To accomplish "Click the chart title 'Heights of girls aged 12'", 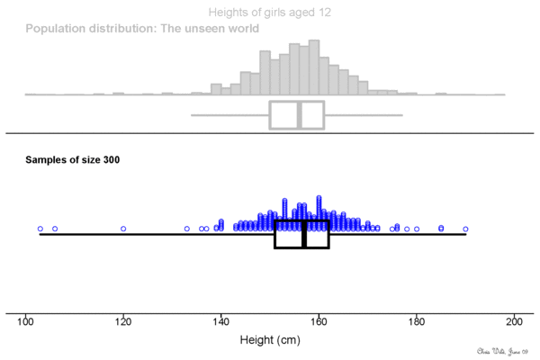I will [269, 13].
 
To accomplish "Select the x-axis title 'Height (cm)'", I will [269, 341].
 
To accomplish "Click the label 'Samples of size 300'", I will [73, 160].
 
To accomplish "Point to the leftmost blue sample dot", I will [40, 229].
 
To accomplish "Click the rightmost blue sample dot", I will [465, 229].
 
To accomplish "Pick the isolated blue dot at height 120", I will [123, 229].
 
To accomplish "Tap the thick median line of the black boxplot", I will [304, 234].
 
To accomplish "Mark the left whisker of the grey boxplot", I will [230, 115].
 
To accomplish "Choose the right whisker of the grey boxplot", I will [363, 115].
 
